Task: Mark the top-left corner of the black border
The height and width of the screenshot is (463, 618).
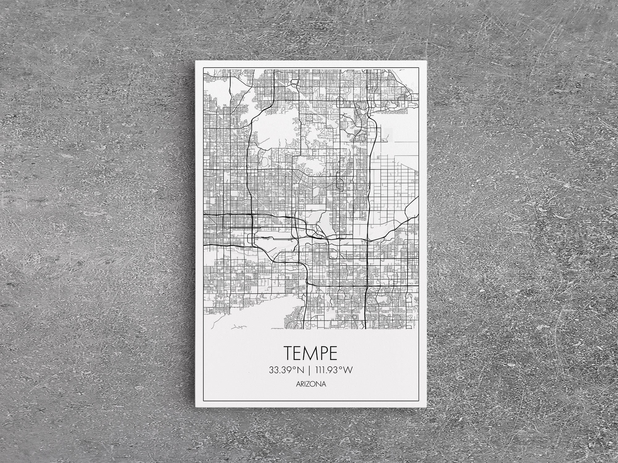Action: pyautogui.click(x=202, y=67)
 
